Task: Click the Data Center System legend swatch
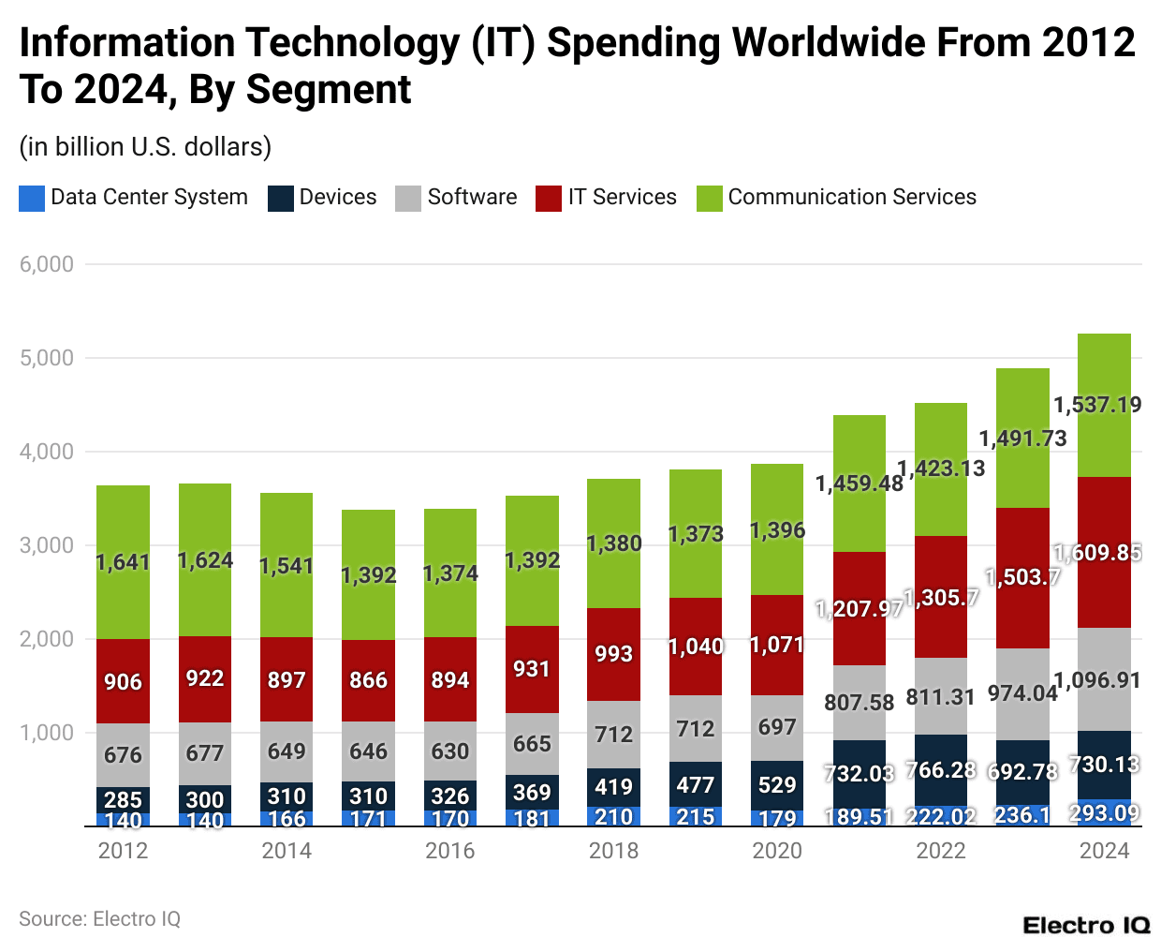click(x=32, y=198)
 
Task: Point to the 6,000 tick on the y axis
click(x=47, y=264)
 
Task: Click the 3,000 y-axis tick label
click(x=47, y=545)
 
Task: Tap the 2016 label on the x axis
click(x=450, y=851)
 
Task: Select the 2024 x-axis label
click(x=1104, y=851)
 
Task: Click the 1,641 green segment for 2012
click(x=123, y=562)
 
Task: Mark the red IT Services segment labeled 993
click(x=613, y=654)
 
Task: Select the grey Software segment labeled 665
click(x=532, y=744)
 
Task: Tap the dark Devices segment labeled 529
click(x=777, y=785)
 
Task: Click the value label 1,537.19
click(x=1097, y=405)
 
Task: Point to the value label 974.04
click(x=1022, y=693)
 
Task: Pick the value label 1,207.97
click(x=860, y=609)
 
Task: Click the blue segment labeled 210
click(x=613, y=817)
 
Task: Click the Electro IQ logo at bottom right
click(x=1086, y=926)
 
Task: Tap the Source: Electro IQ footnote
click(x=99, y=919)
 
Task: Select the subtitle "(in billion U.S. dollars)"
click(x=145, y=147)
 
